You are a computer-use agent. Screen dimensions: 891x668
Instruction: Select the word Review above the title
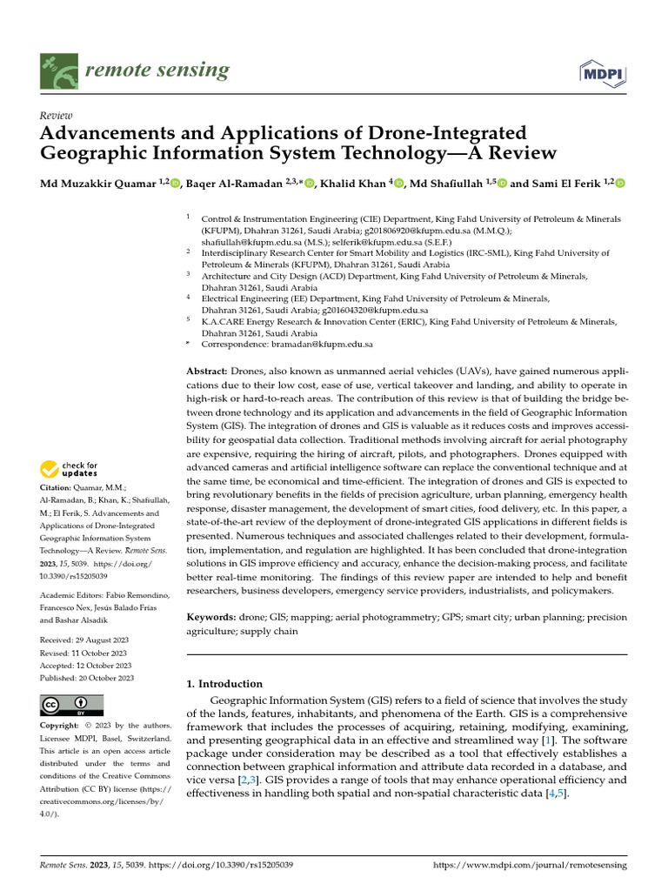coord(57,116)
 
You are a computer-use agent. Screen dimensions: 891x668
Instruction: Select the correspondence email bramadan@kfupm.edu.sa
coord(323,345)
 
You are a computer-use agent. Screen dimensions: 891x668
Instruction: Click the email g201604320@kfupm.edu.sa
coord(375,310)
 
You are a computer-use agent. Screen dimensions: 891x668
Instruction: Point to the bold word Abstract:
coord(207,372)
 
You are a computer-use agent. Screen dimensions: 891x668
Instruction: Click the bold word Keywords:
coord(211,617)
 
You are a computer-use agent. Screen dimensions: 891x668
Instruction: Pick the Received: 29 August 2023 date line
coord(83,640)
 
